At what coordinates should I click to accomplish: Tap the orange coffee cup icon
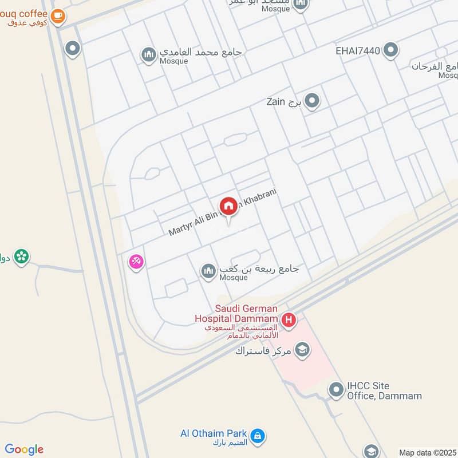(x=57, y=17)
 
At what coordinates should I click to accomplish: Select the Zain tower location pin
(x=312, y=102)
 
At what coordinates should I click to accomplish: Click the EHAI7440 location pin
(x=391, y=50)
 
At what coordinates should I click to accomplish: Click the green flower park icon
(x=22, y=256)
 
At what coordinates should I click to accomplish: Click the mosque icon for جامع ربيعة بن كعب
(x=207, y=271)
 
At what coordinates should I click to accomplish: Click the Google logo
(x=24, y=449)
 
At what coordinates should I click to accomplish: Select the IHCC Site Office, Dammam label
(x=384, y=390)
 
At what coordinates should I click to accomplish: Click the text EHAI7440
(x=358, y=51)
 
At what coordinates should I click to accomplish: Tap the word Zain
(x=276, y=102)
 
